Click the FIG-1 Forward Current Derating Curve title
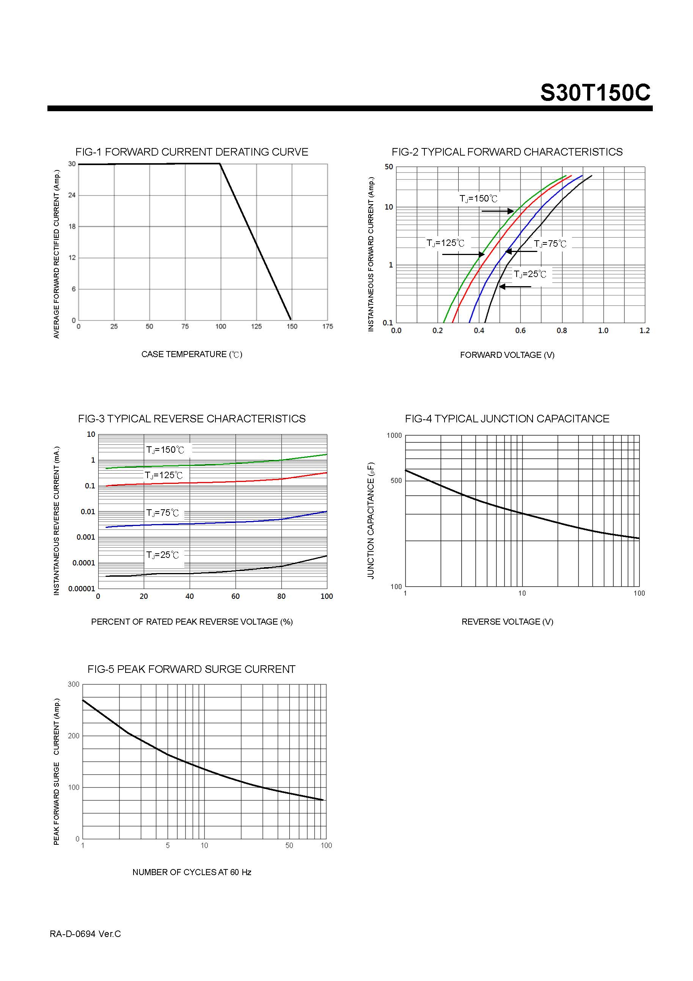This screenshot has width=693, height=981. pos(192,152)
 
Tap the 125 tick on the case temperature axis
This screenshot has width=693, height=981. pos(256,326)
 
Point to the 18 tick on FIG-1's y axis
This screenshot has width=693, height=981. pos(72,227)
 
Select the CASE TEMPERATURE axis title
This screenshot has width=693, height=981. pos(192,354)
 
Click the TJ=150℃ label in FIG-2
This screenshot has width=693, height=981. pos(478,199)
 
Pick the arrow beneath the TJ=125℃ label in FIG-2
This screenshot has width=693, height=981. pos(463,255)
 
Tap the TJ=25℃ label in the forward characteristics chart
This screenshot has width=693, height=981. pos(530,274)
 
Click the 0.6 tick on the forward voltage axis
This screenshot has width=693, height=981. pos(520,331)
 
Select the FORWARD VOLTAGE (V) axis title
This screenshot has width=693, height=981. pos(507,355)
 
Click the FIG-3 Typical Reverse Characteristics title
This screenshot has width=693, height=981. pos(192,419)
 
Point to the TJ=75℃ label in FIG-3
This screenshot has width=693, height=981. pos(163,513)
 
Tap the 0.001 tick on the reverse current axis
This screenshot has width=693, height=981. pos(86,537)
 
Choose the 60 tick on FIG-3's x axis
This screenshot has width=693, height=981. pos(235,597)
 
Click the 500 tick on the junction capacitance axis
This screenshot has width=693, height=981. pos(396,481)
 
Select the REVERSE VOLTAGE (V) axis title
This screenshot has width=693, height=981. pos(507,622)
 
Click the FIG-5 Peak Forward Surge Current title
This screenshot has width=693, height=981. pos(191,669)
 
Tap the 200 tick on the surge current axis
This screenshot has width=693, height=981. pos(74,736)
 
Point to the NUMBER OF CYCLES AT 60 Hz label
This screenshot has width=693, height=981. pos(192,872)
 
